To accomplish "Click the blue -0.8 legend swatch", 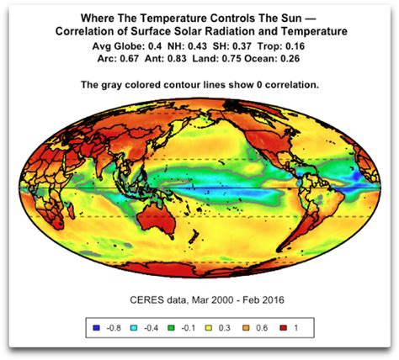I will tap(93, 326).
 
